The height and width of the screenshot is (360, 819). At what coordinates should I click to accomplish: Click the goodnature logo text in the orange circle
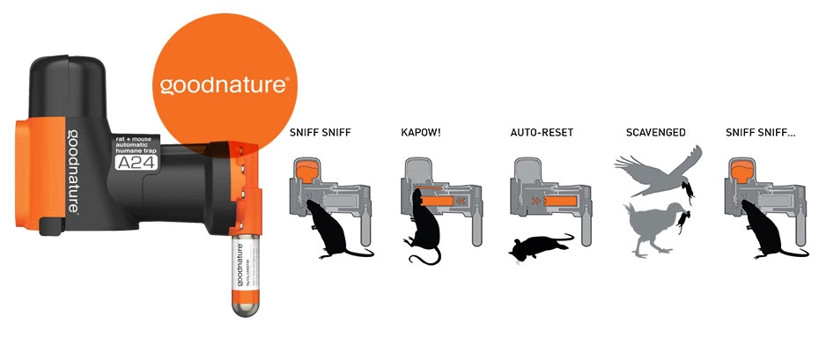point(225,85)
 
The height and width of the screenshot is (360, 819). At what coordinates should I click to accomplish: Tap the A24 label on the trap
point(131,161)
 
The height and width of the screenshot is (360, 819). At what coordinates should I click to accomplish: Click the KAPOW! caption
point(420,134)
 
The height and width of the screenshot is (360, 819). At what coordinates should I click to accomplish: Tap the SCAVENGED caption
point(654,134)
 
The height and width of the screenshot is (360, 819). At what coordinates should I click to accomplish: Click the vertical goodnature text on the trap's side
point(70,167)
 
